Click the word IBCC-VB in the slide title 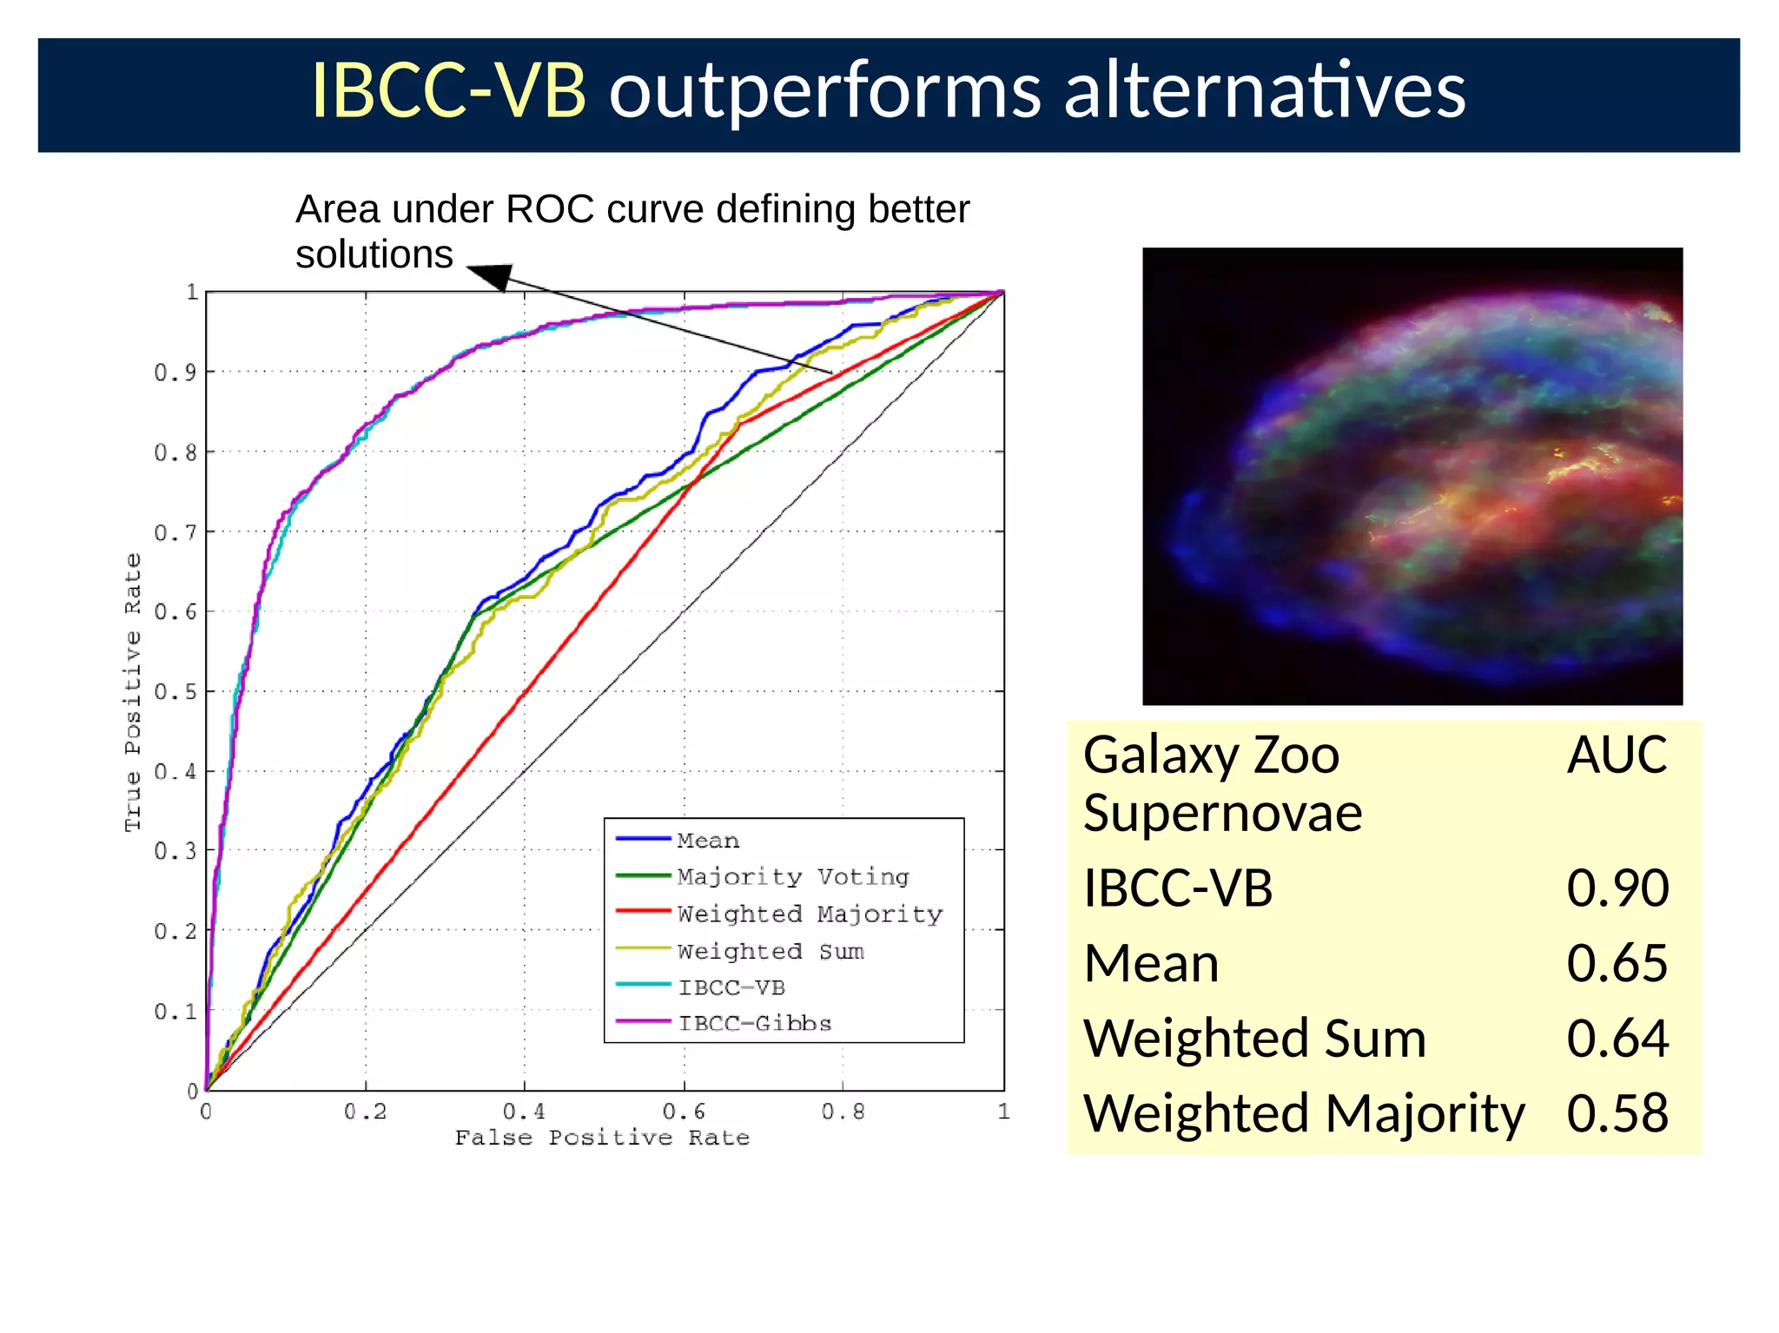(x=448, y=91)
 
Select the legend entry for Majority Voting (x=792, y=876)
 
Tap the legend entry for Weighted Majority (x=809, y=914)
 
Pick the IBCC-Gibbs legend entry (x=754, y=1023)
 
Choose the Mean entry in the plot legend (x=708, y=840)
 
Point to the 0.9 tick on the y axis (x=175, y=373)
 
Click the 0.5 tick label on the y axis (x=175, y=692)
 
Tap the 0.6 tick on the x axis (x=684, y=1112)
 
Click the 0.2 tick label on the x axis (x=365, y=1112)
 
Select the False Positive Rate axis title (x=602, y=1138)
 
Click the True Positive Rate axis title (x=132, y=692)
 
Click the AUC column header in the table (x=1616, y=754)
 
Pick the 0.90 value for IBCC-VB (x=1617, y=888)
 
